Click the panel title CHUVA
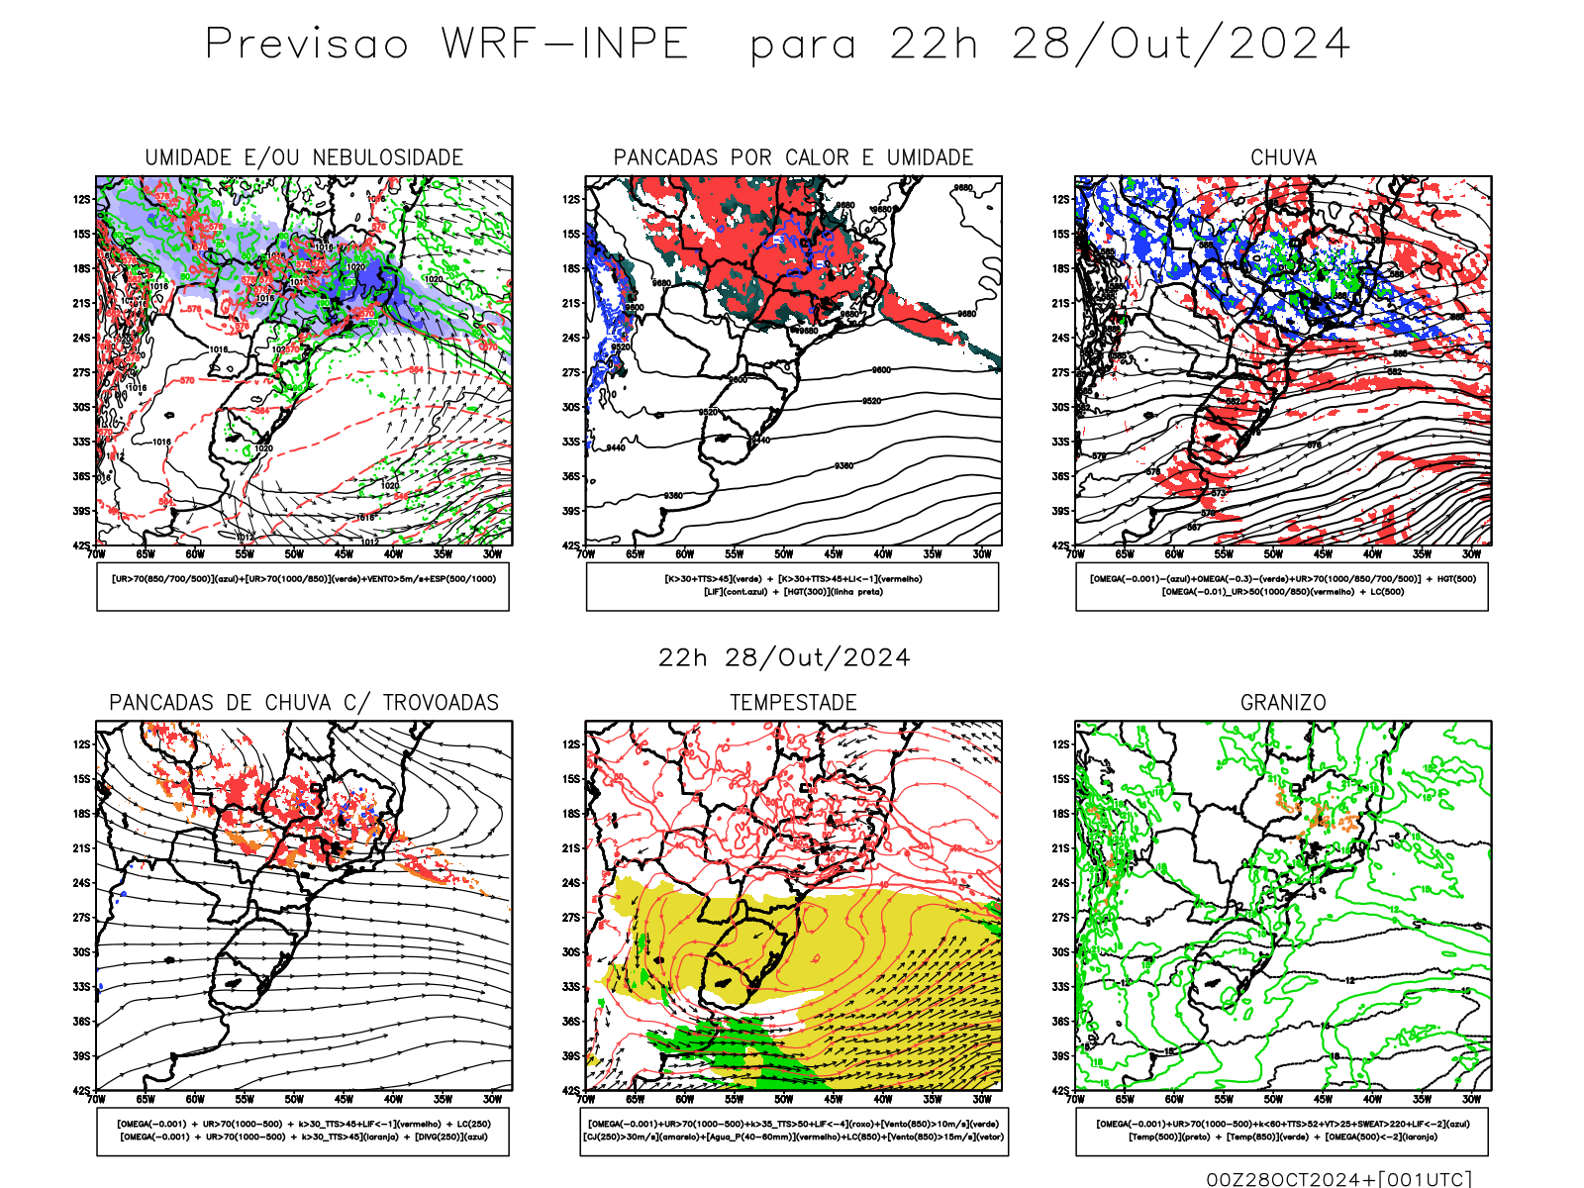click(x=1283, y=157)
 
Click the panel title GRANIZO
click(x=1283, y=703)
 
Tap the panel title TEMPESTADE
click(x=793, y=703)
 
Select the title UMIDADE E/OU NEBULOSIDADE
click(x=304, y=157)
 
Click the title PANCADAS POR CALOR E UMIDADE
click(x=793, y=157)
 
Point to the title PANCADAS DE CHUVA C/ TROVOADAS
click(x=304, y=703)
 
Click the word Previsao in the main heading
click(x=307, y=45)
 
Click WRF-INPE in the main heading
click(x=564, y=45)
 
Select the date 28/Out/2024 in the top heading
click(x=1180, y=45)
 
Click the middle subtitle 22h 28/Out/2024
click(x=784, y=658)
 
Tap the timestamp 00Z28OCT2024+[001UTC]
click(x=1338, y=1179)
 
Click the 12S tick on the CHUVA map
click(x=1061, y=200)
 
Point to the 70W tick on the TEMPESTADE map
click(x=586, y=1099)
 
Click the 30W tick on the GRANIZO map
click(x=1471, y=1099)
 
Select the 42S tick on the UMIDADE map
click(x=81, y=545)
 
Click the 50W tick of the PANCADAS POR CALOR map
click(x=783, y=554)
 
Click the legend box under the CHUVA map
click(x=1282, y=586)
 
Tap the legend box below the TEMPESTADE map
click(x=793, y=1131)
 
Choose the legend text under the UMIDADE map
click(x=304, y=579)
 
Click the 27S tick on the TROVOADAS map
click(x=81, y=918)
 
